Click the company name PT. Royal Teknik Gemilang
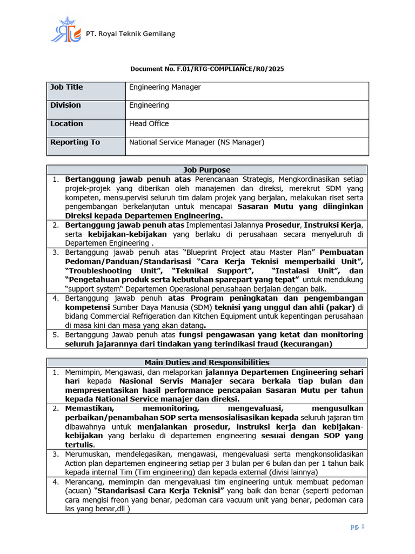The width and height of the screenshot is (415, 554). (130, 34)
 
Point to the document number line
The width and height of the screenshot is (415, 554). (207, 69)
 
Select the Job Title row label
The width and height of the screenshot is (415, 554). (66, 87)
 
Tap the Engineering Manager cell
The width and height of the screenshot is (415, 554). (165, 87)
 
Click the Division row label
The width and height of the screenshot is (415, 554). (65, 105)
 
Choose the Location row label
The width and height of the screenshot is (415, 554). (66, 123)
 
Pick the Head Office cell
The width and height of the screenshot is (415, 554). (149, 123)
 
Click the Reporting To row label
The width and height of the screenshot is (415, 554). (75, 142)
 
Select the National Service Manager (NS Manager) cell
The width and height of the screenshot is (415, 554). (196, 142)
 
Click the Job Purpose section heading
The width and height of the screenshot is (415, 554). (207, 169)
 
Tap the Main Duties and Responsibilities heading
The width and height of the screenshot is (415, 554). (207, 362)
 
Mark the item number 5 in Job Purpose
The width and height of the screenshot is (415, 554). (55, 335)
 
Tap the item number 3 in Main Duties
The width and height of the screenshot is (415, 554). (55, 454)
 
